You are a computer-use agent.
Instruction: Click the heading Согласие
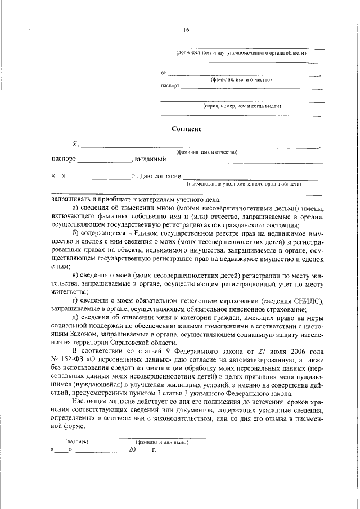(x=186, y=129)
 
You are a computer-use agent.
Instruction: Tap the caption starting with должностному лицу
(x=241, y=53)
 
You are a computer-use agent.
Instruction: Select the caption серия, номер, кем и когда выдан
(x=242, y=105)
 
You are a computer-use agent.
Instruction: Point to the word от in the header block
(x=164, y=73)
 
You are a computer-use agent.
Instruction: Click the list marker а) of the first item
(x=77, y=208)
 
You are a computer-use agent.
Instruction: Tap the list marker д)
(x=77, y=317)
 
